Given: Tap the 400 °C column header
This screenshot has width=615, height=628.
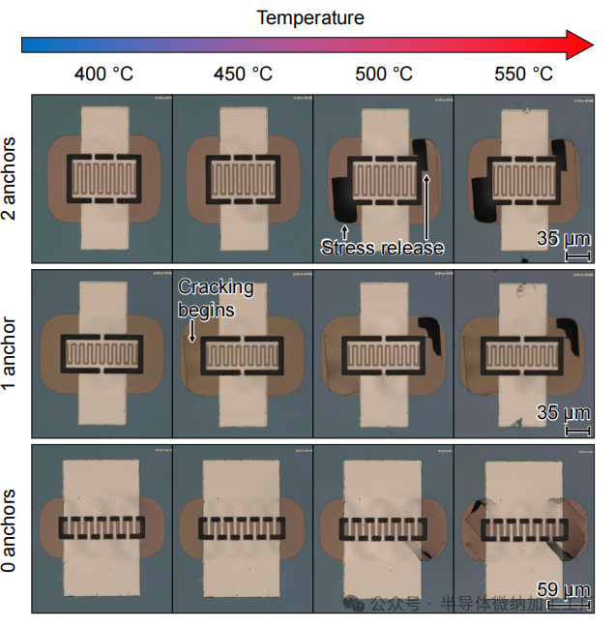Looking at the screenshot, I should pos(103,74).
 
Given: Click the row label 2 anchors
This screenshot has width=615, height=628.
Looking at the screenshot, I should pos(11,178).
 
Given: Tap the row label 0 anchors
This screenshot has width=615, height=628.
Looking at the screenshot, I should pos(11,527).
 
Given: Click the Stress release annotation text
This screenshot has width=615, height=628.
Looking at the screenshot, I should pos(383,248).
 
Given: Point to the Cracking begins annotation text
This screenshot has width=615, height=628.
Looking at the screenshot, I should pos(215,298).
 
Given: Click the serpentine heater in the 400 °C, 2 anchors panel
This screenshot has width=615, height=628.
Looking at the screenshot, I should pos(103,179).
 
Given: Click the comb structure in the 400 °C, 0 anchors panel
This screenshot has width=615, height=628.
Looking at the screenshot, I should pos(102,527).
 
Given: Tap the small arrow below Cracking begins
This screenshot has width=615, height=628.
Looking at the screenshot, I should pos(191,332).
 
